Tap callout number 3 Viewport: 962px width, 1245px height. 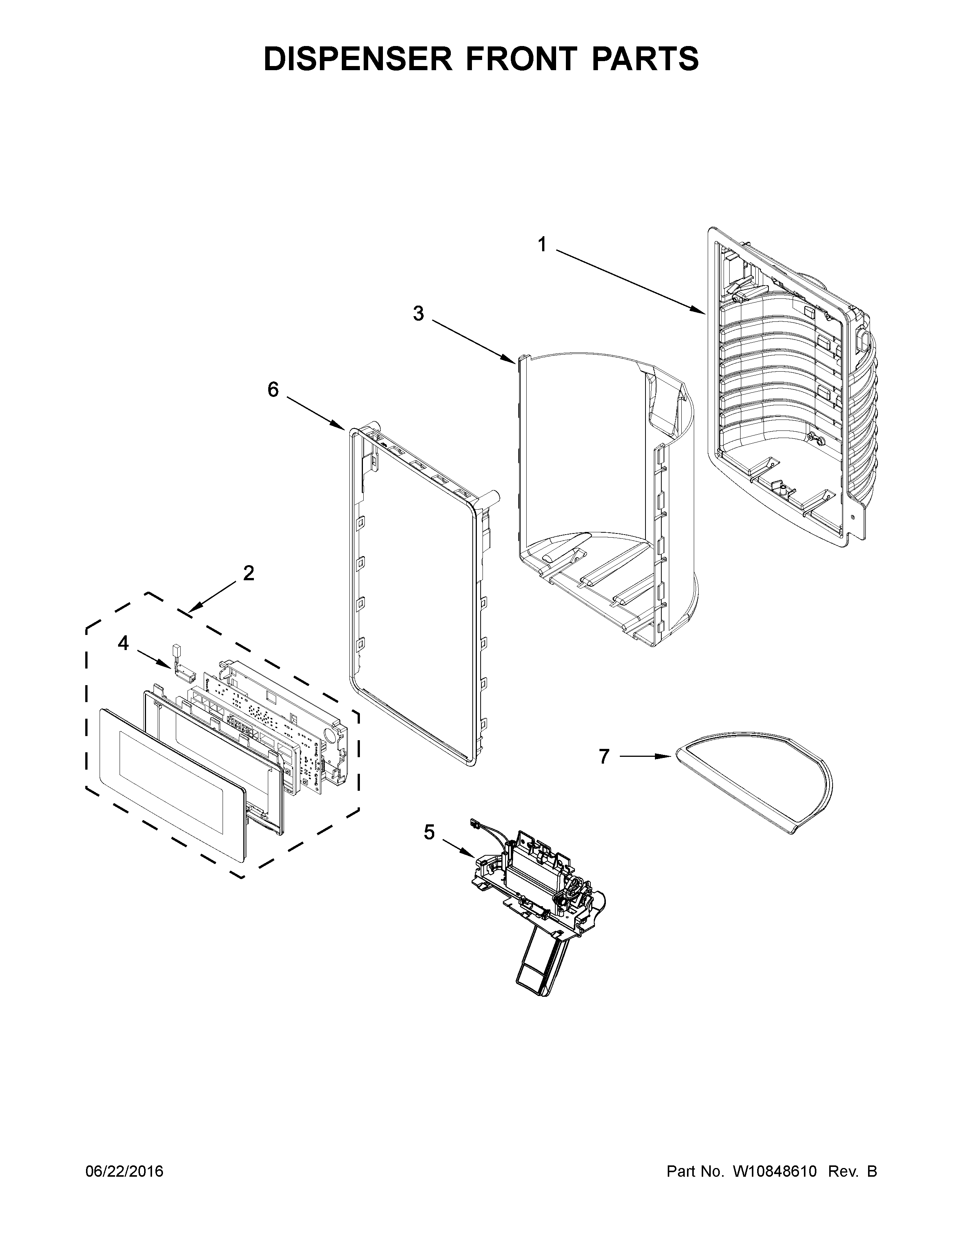click(418, 313)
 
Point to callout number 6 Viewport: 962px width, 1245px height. click(273, 390)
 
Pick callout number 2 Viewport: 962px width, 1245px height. click(249, 573)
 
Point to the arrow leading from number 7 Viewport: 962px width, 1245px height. click(644, 756)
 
